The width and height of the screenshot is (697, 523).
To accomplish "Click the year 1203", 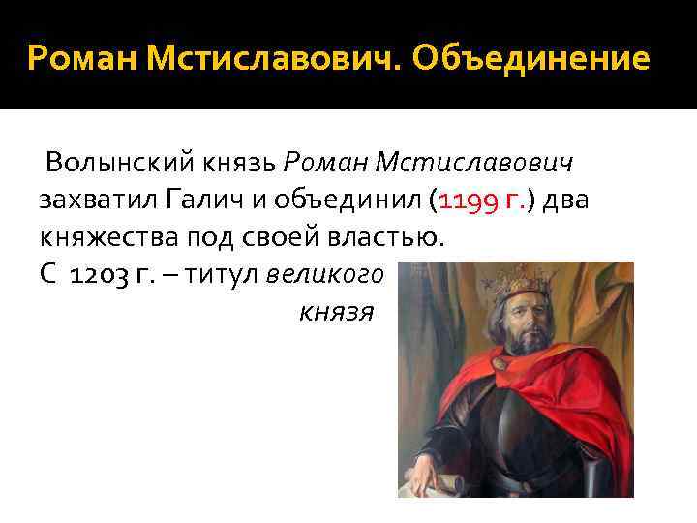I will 100,275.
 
